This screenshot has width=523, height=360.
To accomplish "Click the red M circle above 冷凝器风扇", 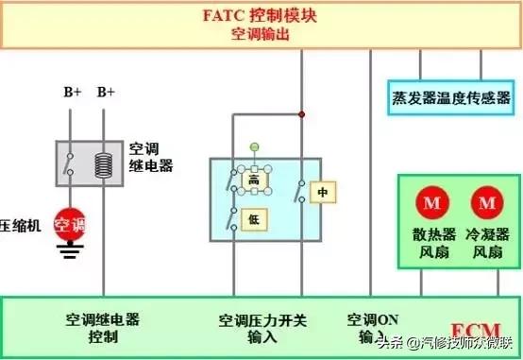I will tap(488, 202).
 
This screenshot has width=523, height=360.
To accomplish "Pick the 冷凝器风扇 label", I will tap(488, 243).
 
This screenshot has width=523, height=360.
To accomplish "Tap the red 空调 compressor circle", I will tap(69, 225).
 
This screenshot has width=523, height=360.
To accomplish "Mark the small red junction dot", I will tap(302, 114).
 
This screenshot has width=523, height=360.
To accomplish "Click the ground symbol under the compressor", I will tap(69, 251).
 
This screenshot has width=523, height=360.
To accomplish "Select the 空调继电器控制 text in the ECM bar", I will tap(103, 328).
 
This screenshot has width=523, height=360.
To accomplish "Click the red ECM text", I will tap(468, 329).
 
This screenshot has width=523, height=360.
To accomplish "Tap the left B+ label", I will tap(72, 92).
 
